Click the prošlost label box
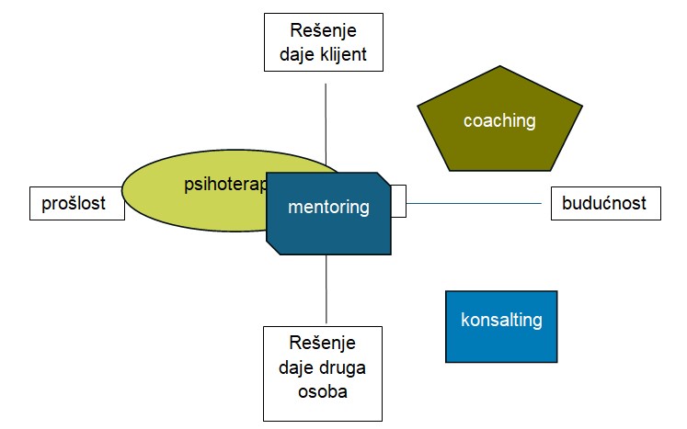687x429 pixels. (80, 203)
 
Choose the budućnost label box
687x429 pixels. (605, 203)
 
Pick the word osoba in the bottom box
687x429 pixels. (322, 391)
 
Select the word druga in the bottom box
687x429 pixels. (343, 369)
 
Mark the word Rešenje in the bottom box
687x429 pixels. (322, 346)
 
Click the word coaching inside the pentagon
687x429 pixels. (499, 120)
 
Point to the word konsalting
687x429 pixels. (501, 321)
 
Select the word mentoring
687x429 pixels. (328, 208)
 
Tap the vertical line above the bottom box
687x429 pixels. (326, 289)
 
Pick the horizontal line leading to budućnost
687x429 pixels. (478, 203)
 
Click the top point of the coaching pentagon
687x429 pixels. (500, 67)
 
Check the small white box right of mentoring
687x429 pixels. (398, 201)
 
